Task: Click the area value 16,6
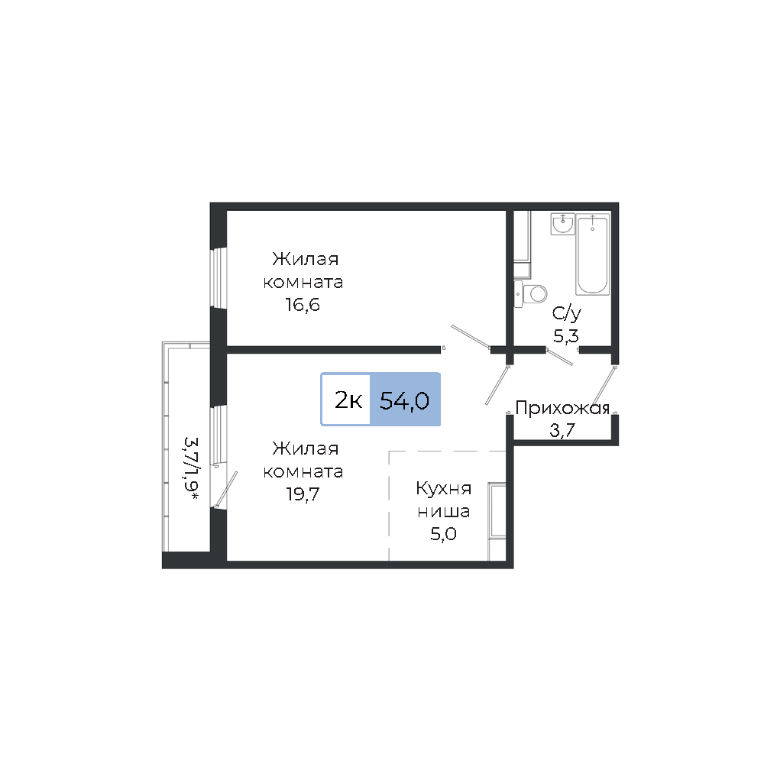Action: [303, 305]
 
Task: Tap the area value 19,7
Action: [303, 494]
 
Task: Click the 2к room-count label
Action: [348, 400]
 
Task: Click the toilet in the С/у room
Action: [531, 293]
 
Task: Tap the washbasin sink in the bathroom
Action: [563, 224]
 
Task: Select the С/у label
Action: [566, 314]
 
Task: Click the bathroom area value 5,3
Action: [565, 336]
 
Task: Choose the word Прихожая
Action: [562, 408]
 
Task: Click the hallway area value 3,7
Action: [562, 430]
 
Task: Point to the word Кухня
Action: [443, 489]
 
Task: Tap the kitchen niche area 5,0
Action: [443, 534]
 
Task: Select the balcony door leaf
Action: [227, 489]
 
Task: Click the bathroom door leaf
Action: [559, 356]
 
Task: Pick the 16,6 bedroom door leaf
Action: [471, 337]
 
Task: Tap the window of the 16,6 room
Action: [219, 278]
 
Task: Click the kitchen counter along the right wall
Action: [497, 521]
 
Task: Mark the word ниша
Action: [443, 512]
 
